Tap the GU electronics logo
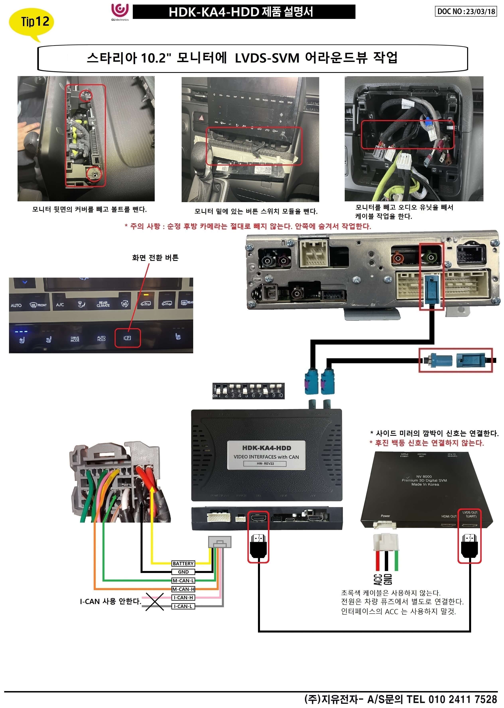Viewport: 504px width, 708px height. [x=120, y=12]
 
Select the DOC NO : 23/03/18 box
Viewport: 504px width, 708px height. [x=466, y=12]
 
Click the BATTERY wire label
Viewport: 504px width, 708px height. [x=183, y=563]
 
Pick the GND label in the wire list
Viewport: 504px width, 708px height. [x=183, y=572]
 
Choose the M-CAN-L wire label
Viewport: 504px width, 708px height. [x=183, y=580]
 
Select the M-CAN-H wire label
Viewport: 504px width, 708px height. [x=183, y=589]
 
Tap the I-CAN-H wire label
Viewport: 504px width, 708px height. [x=183, y=597]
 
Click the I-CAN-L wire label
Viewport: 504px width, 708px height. [x=183, y=606]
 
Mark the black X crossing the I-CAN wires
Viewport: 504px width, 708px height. [x=155, y=602]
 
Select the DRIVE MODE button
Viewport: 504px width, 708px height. [x=75, y=339]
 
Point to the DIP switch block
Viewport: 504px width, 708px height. [x=248, y=391]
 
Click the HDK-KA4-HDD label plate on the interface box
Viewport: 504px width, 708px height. [x=266, y=455]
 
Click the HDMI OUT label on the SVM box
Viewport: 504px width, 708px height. [x=449, y=516]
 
